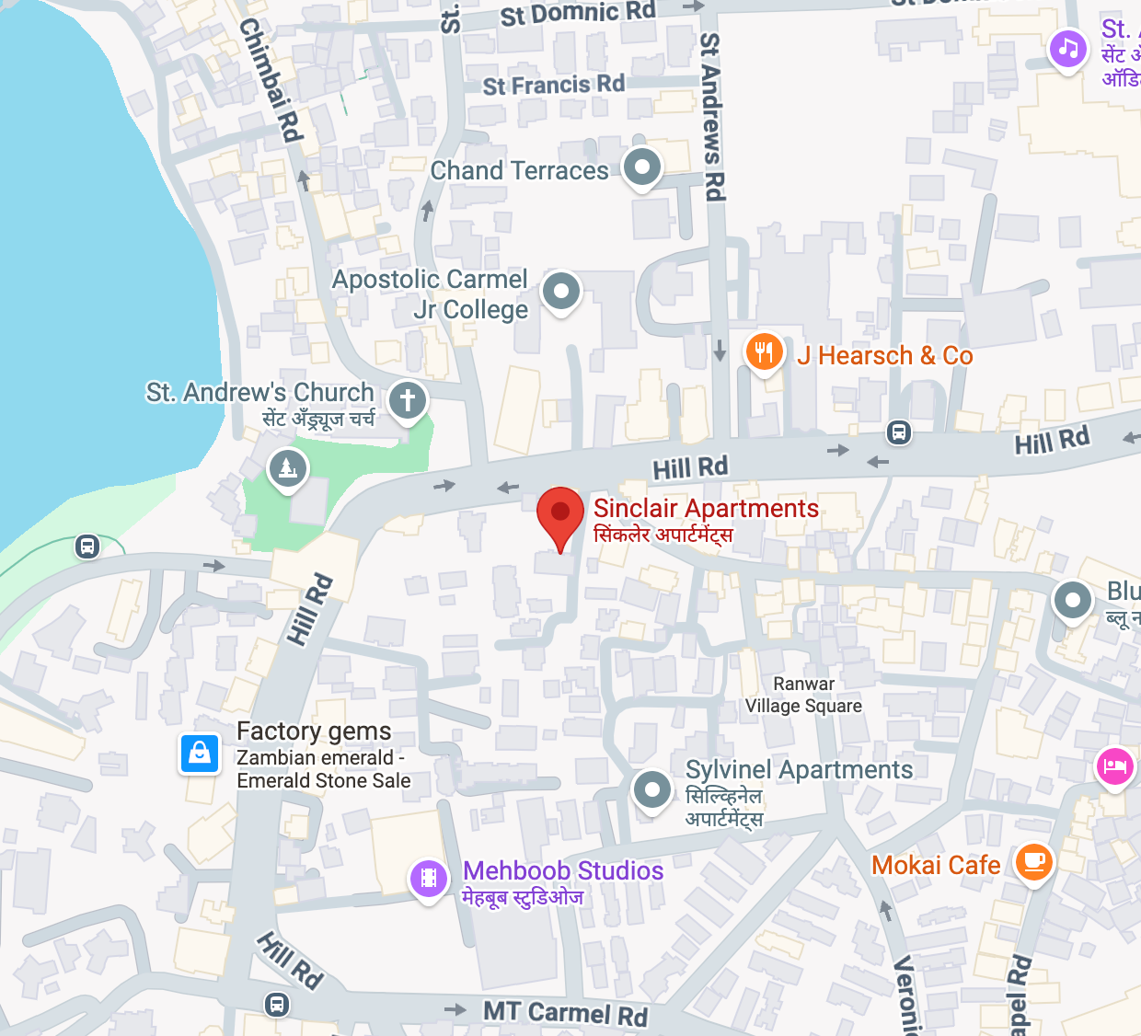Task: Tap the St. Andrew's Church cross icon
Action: pyautogui.click(x=408, y=400)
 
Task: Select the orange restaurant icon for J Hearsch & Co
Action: pyautogui.click(x=764, y=352)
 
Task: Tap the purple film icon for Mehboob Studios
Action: pyautogui.click(x=428, y=879)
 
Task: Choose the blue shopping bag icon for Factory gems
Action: pyautogui.click(x=200, y=754)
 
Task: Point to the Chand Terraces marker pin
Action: pyautogui.click(x=642, y=167)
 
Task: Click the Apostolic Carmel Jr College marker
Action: pyautogui.click(x=561, y=292)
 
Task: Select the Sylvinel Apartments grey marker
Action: pyautogui.click(x=652, y=789)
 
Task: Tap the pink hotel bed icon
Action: pyautogui.click(x=1114, y=765)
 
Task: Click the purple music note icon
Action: pyautogui.click(x=1067, y=47)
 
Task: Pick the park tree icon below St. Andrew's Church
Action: pyautogui.click(x=288, y=468)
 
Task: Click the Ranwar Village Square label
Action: pyautogui.click(x=803, y=695)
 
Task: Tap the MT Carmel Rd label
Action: pyautogui.click(x=565, y=1013)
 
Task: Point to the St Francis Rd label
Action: pyautogui.click(x=553, y=85)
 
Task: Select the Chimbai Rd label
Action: pyautogui.click(x=271, y=80)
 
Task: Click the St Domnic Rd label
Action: pyautogui.click(x=578, y=14)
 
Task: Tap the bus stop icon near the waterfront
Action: pyautogui.click(x=87, y=547)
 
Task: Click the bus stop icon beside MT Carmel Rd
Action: pyautogui.click(x=277, y=1004)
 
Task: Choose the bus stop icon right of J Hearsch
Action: pyautogui.click(x=899, y=432)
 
